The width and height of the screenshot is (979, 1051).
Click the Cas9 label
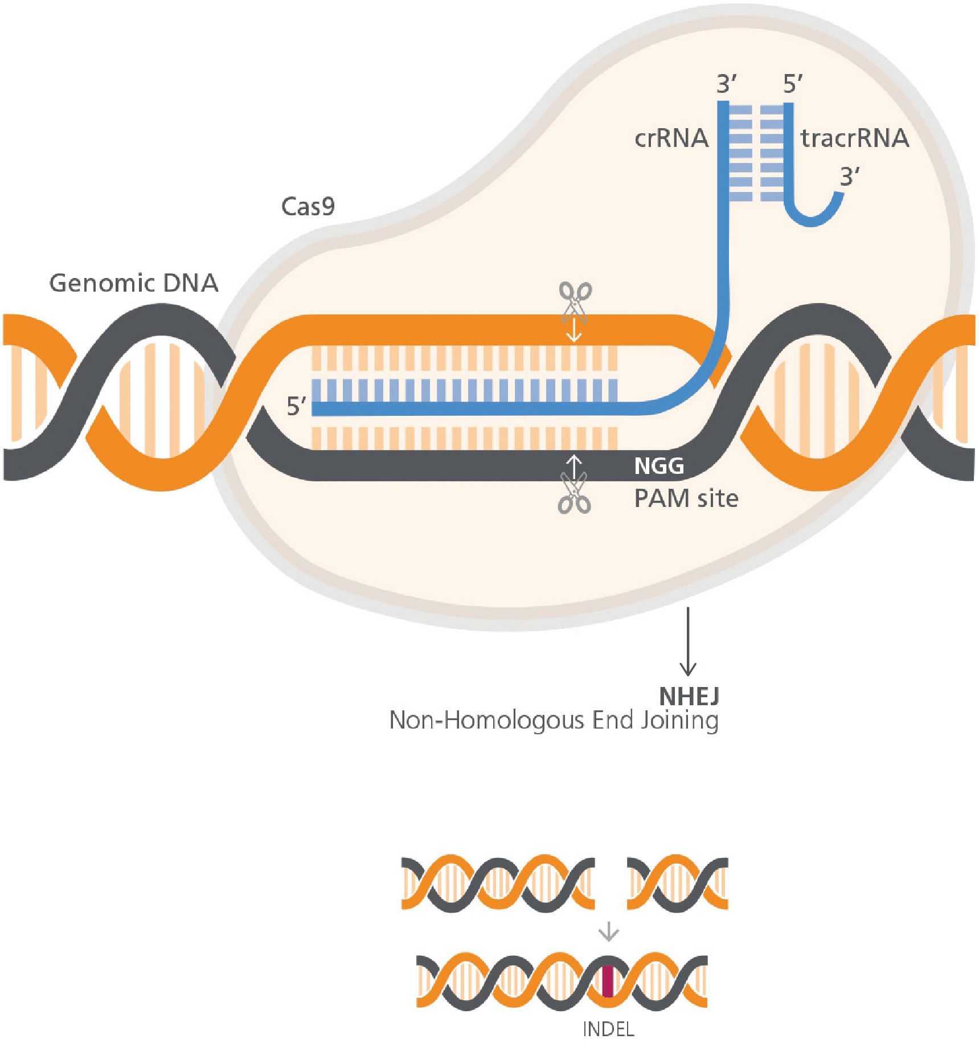pyautogui.click(x=308, y=206)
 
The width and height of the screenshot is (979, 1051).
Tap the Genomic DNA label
pyautogui.click(x=134, y=283)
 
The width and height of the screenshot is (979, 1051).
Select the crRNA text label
pyautogui.click(x=671, y=138)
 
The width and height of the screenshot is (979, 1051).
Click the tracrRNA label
pyautogui.click(x=854, y=138)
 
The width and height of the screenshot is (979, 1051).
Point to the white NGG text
pyautogui.click(x=659, y=466)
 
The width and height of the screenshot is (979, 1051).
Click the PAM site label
pyautogui.click(x=686, y=498)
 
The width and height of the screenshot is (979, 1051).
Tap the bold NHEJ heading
pyautogui.click(x=689, y=696)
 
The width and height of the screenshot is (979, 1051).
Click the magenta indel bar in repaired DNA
pyautogui.click(x=608, y=981)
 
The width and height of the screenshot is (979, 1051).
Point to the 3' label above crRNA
pyautogui.click(x=726, y=84)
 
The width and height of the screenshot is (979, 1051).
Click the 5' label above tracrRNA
pyautogui.click(x=792, y=84)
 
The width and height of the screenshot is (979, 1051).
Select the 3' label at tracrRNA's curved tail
pyautogui.click(x=849, y=177)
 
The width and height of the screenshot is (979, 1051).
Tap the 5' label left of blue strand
pyautogui.click(x=296, y=407)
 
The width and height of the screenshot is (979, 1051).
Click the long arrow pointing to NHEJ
pyautogui.click(x=688, y=641)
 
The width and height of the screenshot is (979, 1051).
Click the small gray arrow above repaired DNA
pyautogui.click(x=608, y=933)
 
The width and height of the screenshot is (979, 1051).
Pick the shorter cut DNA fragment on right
pyautogui.click(x=677, y=882)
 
